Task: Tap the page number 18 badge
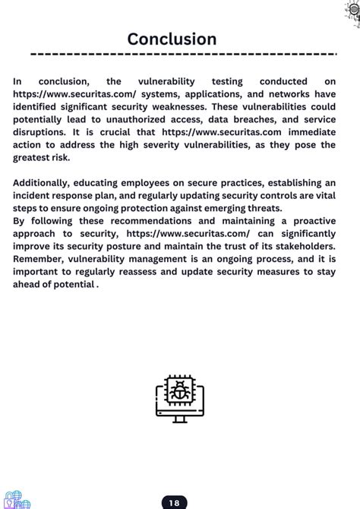[x=174, y=502]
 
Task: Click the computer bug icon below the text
[x=179, y=398]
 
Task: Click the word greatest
[x=35, y=158]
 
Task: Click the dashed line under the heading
[x=182, y=55]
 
